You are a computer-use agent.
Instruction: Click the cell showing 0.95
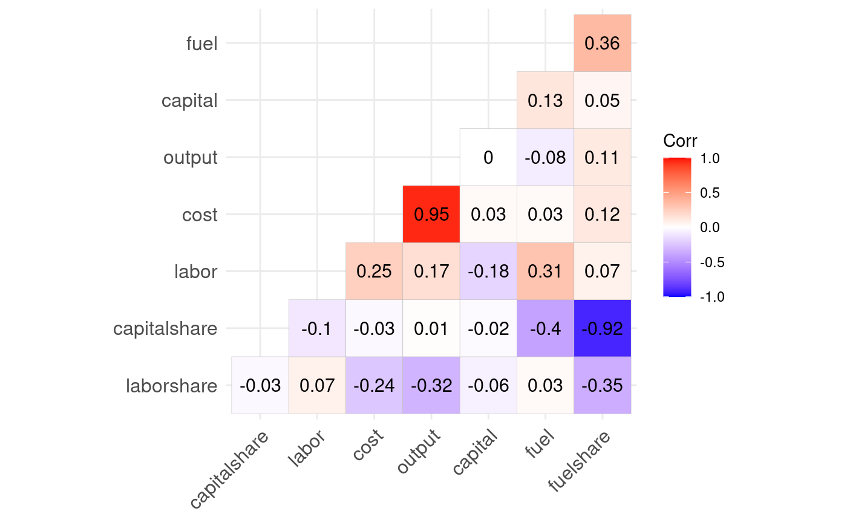tap(431, 214)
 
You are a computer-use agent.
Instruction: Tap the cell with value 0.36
tap(603, 43)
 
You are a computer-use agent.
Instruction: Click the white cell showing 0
tap(488, 157)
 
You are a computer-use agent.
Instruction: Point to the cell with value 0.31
tap(545, 271)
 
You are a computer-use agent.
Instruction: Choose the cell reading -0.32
tap(431, 386)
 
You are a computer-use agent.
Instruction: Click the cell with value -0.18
tap(488, 271)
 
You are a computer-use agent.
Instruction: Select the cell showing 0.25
tap(374, 271)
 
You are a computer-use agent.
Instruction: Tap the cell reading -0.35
tap(603, 386)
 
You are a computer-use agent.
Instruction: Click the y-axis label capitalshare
tap(165, 329)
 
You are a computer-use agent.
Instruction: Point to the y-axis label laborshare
tap(171, 386)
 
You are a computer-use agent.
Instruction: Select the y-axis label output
tap(190, 158)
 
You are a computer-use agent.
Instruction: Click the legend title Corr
tap(680, 141)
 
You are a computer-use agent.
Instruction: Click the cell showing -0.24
tap(374, 386)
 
